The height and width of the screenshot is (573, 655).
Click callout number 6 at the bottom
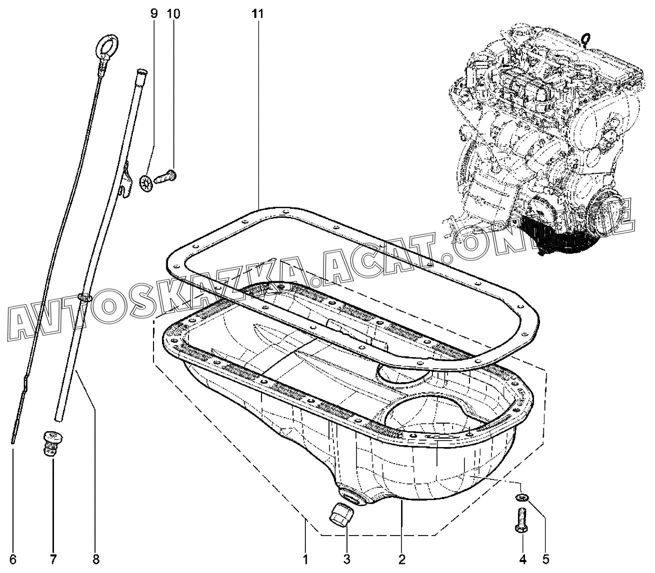pos(13,559)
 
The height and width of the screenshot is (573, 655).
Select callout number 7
pos(53,559)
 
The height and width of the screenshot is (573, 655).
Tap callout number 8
pos(95,559)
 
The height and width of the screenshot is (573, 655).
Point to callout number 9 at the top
pos(154,14)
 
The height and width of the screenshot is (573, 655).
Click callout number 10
pos(173,14)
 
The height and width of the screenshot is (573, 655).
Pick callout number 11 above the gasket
pos(257,14)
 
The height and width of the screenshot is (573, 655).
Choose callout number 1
pos(305,559)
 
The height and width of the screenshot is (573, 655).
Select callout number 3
pos(346,559)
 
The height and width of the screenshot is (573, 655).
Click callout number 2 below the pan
pos(402,559)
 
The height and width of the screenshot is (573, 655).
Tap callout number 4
pos(523,559)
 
